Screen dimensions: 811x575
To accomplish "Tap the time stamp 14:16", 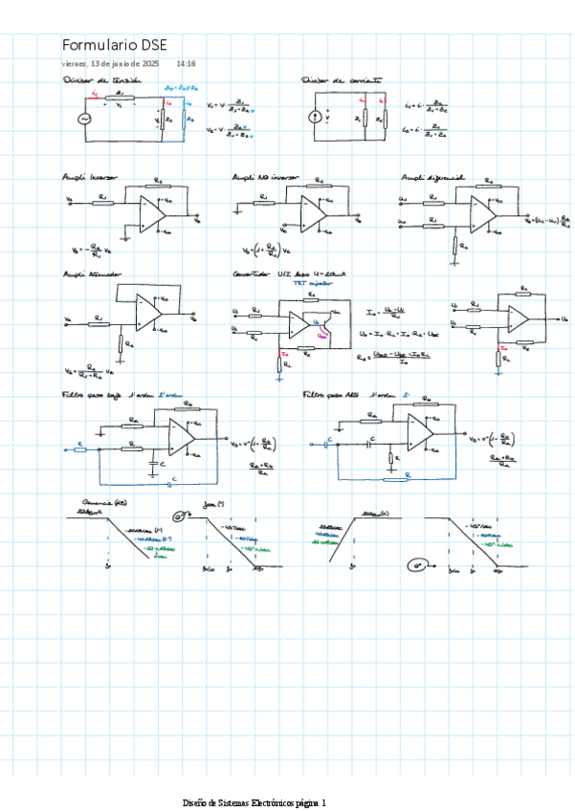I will tap(187, 63).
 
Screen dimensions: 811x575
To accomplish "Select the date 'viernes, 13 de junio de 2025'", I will tap(110, 63).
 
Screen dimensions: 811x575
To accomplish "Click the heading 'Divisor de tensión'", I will tap(100, 81).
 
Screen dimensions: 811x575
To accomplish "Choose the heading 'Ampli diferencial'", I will tap(432, 178).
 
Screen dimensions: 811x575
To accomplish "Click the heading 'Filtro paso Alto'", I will tap(330, 393).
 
